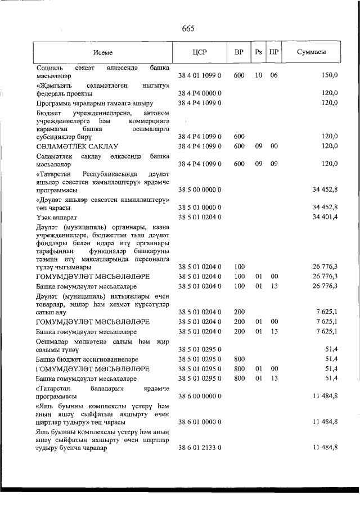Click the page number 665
coord(188,30)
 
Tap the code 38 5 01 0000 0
coord(200,208)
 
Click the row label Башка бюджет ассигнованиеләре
coord(87,359)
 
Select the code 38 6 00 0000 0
coord(200,395)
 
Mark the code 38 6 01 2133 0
coord(200,448)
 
